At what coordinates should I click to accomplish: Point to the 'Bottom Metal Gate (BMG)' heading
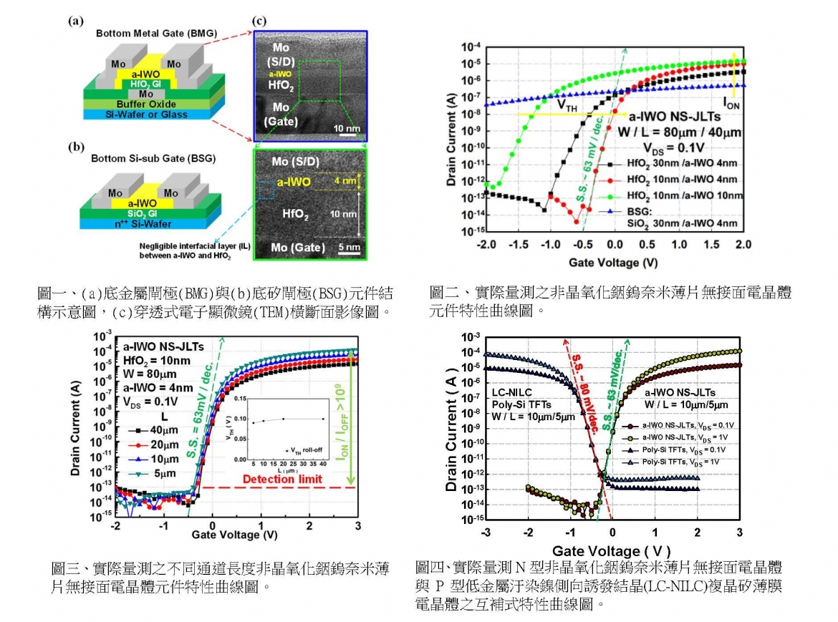[x=135, y=34]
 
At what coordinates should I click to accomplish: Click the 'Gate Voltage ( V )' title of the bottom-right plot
[x=612, y=551]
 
